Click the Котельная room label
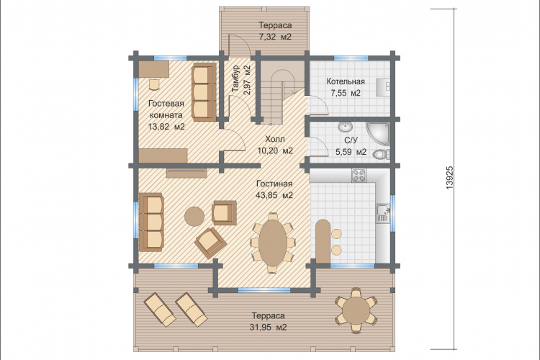click(x=346, y=81)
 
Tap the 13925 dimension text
click(x=450, y=178)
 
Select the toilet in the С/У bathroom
click(x=381, y=154)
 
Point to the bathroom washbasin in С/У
click(x=345, y=127)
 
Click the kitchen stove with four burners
click(x=359, y=176)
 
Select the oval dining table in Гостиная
click(x=273, y=243)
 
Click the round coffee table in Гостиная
click(x=194, y=216)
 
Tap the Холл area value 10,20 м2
click(x=275, y=151)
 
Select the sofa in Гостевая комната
click(x=204, y=92)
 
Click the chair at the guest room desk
click(x=155, y=84)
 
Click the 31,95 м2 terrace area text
click(x=269, y=327)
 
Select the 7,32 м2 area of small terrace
click(x=275, y=37)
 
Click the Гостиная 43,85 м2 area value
click(x=274, y=195)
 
